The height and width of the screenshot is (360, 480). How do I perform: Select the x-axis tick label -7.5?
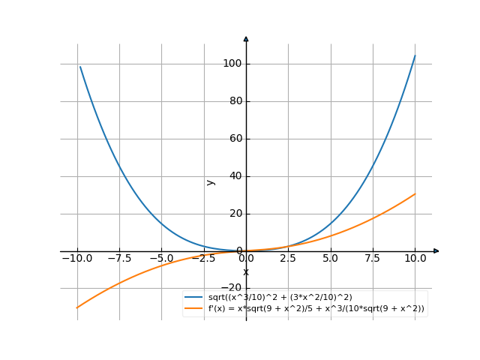click(x=118, y=259)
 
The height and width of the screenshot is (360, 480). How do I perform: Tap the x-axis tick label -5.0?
click(x=160, y=259)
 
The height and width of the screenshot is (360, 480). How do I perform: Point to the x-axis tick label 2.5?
click(x=289, y=259)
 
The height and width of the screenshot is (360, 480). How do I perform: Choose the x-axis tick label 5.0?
click(x=331, y=259)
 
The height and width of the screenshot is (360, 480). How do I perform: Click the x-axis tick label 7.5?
click(x=373, y=259)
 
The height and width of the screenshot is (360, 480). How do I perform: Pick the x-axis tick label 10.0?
click(x=415, y=259)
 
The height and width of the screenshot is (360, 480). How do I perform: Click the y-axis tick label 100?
click(x=232, y=64)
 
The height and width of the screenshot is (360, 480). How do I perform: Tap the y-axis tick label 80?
click(x=234, y=101)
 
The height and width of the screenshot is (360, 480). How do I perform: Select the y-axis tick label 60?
click(x=234, y=139)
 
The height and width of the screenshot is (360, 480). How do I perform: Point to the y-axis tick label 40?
click(x=234, y=176)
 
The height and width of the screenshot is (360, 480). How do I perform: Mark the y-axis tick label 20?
click(x=234, y=214)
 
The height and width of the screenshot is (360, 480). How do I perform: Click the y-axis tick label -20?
click(x=232, y=288)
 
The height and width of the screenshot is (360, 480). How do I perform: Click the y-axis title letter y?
click(x=211, y=181)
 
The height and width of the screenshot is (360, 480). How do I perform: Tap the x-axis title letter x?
click(x=245, y=271)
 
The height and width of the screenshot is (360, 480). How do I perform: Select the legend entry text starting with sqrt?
click(x=280, y=298)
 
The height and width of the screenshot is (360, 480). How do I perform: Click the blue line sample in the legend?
click(x=193, y=298)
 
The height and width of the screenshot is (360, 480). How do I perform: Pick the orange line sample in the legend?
click(x=193, y=308)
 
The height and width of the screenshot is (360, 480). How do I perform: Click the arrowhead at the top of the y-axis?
click(x=246, y=38)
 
